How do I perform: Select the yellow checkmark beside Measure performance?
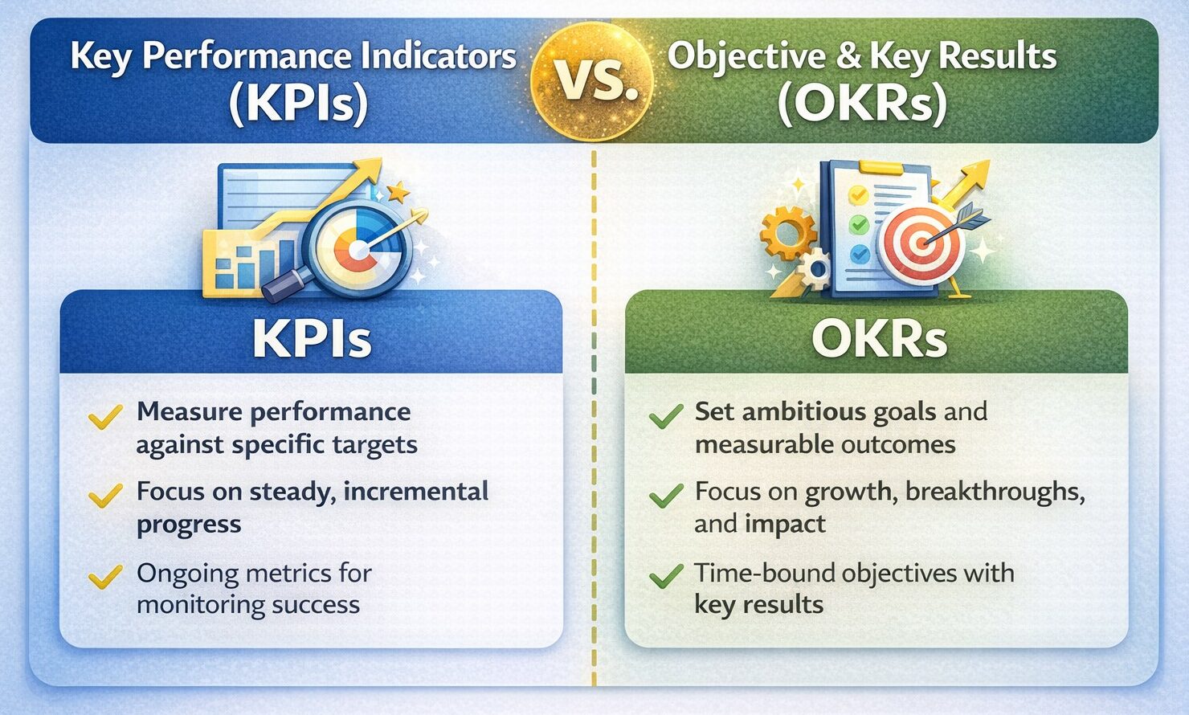click(x=105, y=416)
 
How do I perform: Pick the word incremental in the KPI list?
click(x=415, y=491)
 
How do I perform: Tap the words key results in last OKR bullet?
click(x=758, y=605)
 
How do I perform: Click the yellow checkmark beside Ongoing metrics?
click(x=105, y=576)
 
